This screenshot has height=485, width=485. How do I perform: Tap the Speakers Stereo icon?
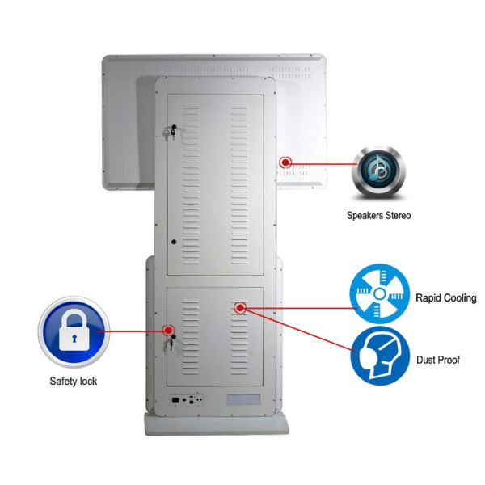click(x=378, y=172)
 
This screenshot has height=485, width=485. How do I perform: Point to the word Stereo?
click(x=396, y=216)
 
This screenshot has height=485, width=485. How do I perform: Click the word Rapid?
click(x=428, y=298)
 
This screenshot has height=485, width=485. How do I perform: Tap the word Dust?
click(x=426, y=360)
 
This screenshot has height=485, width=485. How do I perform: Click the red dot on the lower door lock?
click(x=168, y=330)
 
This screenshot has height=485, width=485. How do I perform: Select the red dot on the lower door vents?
click(x=240, y=308)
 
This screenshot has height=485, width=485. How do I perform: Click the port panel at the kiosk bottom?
click(x=184, y=399)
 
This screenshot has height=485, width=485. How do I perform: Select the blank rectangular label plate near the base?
click(x=241, y=399)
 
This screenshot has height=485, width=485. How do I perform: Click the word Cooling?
click(x=460, y=298)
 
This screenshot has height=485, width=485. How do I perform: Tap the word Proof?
click(x=449, y=360)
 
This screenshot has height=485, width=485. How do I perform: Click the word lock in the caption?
click(x=88, y=381)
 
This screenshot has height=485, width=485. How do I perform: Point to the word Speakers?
click(x=363, y=216)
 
